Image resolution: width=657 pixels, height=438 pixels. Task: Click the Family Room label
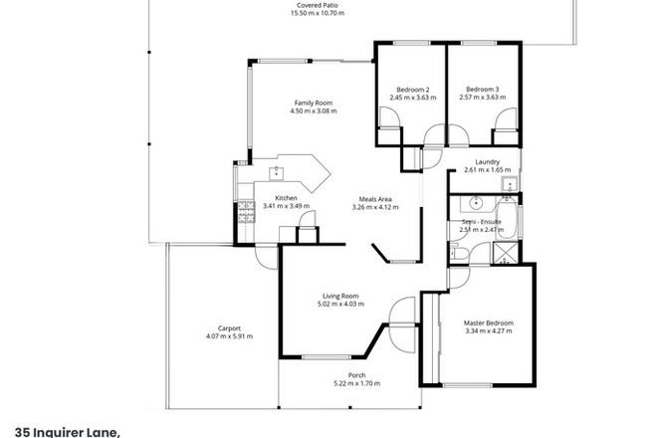[312, 103]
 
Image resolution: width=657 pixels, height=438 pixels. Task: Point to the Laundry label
[487, 162]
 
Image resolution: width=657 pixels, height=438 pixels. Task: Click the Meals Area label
[377, 199]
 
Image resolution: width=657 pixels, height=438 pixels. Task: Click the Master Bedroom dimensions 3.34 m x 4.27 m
[487, 331]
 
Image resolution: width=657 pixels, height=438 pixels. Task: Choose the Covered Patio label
[312, 5]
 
